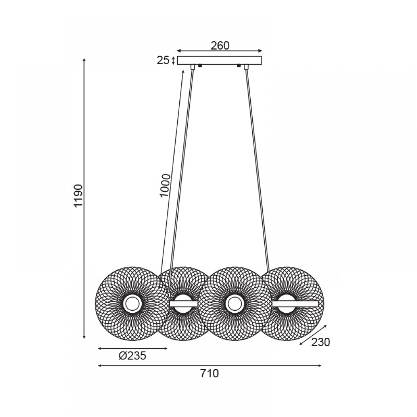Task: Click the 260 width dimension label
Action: pyautogui.click(x=220, y=46)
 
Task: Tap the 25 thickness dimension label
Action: pyautogui.click(x=163, y=60)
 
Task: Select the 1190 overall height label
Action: pyautogui.click(x=79, y=196)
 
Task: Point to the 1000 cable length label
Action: pyautogui.click(x=165, y=186)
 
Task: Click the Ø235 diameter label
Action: pyautogui.click(x=133, y=356)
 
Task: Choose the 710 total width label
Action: pyautogui.click(x=210, y=374)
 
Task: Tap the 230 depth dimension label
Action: pyautogui.click(x=320, y=342)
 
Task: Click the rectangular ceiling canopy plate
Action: pyautogui.click(x=219, y=60)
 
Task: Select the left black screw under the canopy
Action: pyautogui.click(x=200, y=66)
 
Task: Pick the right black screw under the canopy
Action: pyautogui.click(x=239, y=66)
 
